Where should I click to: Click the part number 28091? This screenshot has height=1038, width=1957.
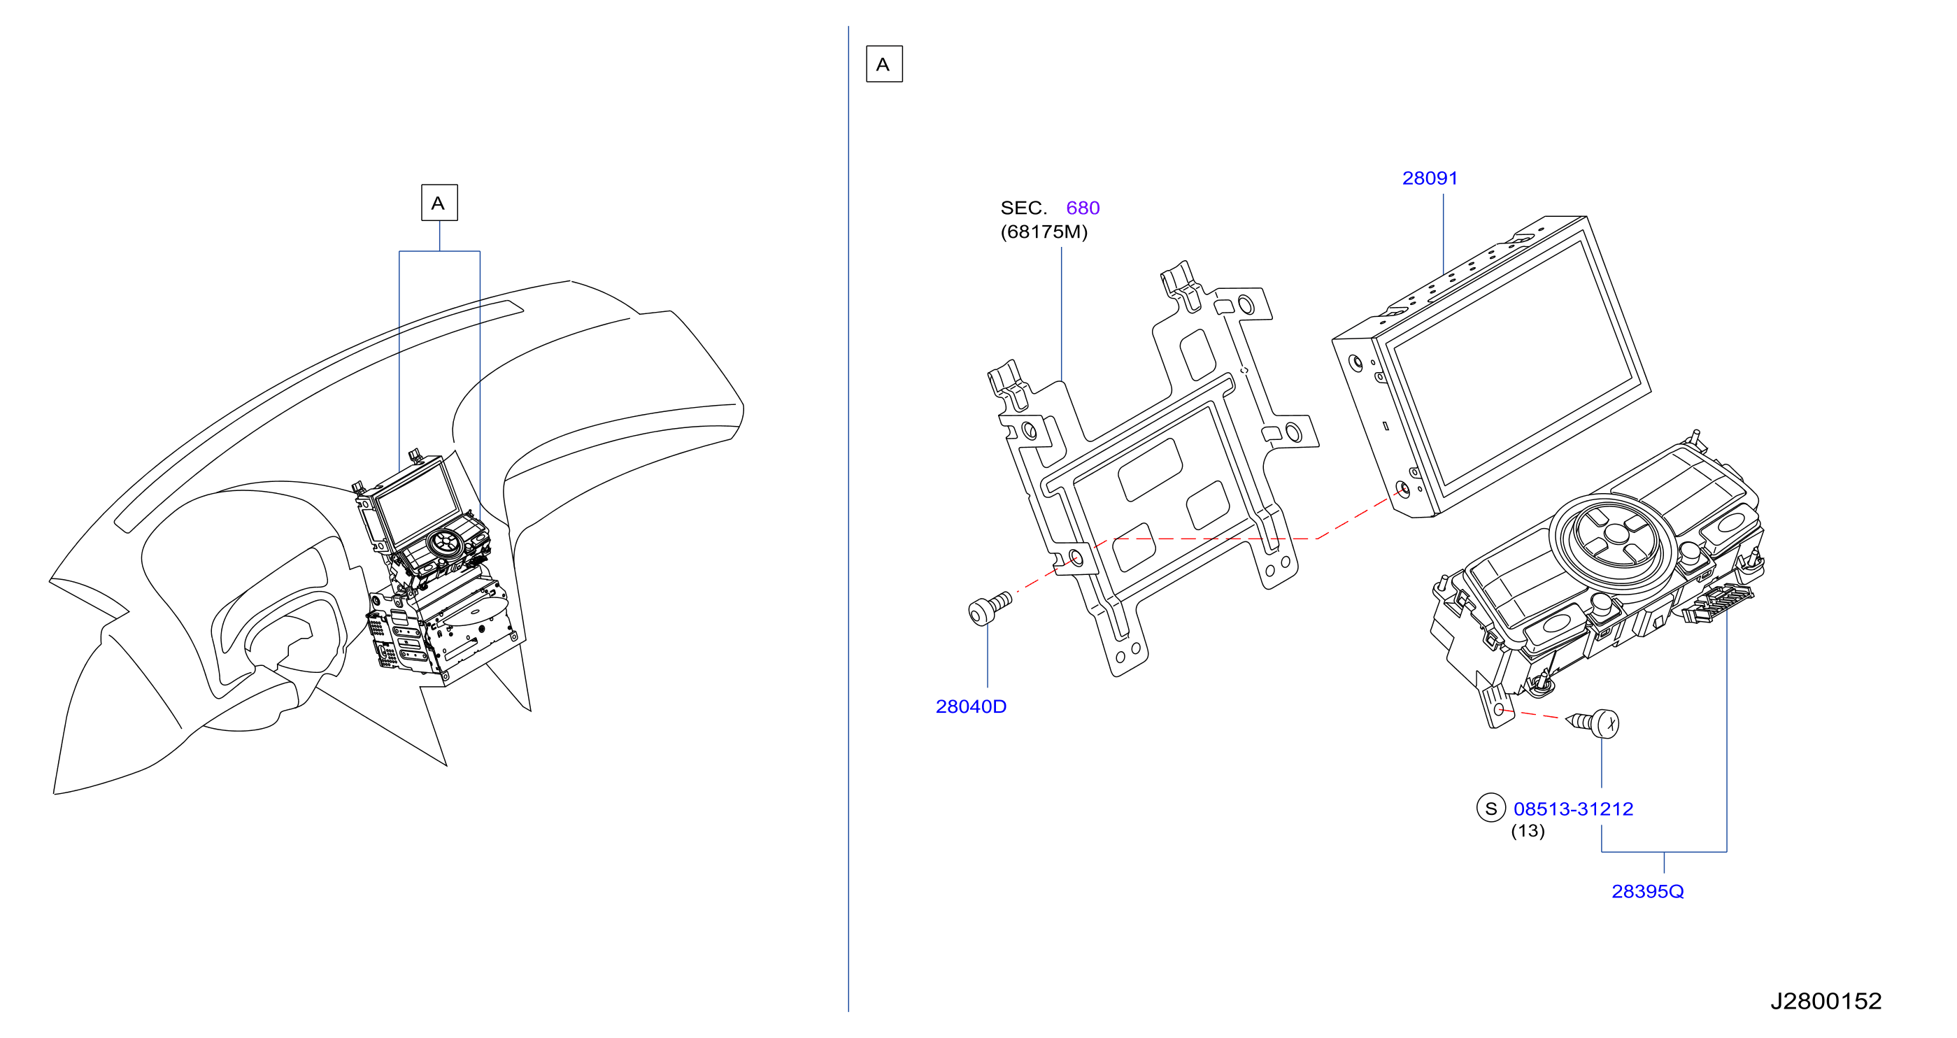click(x=1429, y=178)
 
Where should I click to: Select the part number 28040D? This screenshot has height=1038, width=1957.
click(x=970, y=706)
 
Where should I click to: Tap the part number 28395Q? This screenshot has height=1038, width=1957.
click(x=1647, y=891)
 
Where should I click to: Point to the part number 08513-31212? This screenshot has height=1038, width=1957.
click(x=1572, y=809)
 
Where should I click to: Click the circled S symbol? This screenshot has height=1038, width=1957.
click(x=1490, y=809)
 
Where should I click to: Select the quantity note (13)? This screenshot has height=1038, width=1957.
click(x=1527, y=832)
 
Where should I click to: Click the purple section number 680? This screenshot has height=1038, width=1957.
click(x=1083, y=208)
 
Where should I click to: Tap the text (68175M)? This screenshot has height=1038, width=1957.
click(x=1044, y=232)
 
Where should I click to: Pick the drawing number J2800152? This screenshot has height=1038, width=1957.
click(x=1826, y=1001)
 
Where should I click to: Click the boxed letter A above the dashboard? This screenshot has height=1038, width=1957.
click(x=439, y=203)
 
